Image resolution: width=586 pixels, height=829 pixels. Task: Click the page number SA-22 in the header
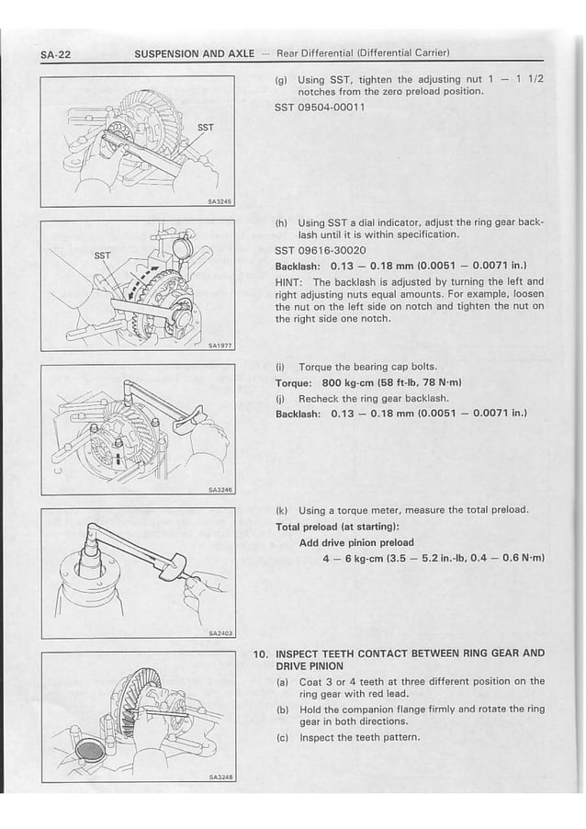click(57, 53)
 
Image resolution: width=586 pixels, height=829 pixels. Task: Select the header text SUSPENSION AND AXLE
click(194, 53)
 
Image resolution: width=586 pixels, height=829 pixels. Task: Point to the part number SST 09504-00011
click(320, 108)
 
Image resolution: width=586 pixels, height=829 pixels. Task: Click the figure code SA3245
click(221, 203)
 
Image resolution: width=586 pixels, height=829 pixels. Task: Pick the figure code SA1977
click(221, 346)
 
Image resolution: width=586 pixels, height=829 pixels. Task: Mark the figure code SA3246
click(221, 491)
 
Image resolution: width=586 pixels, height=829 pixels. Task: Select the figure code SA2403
click(221, 634)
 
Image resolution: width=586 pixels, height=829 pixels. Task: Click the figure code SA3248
click(221, 778)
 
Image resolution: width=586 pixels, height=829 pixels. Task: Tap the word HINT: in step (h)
click(292, 282)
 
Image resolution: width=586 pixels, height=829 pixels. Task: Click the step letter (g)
click(282, 80)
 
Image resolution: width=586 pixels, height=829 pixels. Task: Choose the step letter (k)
click(282, 510)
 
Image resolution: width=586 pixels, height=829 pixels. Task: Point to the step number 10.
click(261, 653)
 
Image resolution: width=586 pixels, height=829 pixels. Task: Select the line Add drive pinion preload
click(356, 542)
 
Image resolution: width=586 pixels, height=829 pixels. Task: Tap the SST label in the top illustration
click(207, 128)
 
